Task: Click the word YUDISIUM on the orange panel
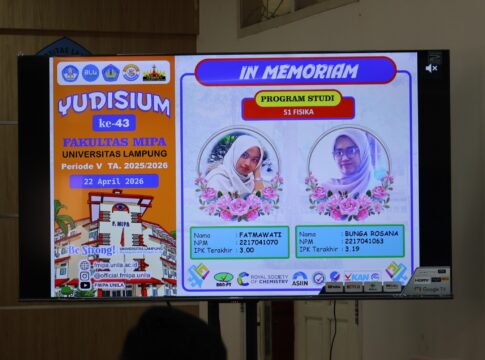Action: [x=112, y=104]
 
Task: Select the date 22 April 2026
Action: [x=113, y=181]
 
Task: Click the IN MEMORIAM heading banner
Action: [x=295, y=71]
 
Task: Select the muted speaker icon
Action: [x=431, y=68]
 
